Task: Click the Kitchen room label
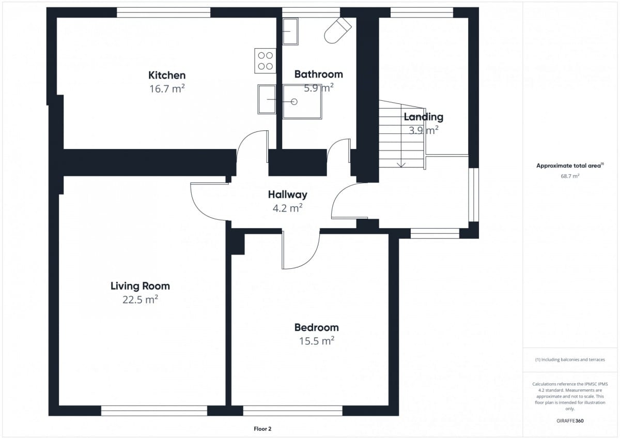pos(167,75)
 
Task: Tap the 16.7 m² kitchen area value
pos(167,88)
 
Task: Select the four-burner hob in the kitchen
pos(265,60)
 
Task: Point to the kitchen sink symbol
pos(267,99)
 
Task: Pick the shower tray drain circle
pos(294,102)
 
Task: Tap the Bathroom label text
pos(319,74)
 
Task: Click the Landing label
pos(424,117)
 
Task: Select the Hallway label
pos(288,195)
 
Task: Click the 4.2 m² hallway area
pos(287,208)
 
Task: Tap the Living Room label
pos(140,286)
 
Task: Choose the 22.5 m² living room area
pos(140,299)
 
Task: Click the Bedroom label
pos(316,327)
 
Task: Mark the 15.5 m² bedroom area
pos(316,341)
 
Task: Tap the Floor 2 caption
pos(262,429)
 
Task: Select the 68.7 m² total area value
pos(570,176)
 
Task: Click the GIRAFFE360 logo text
pos(570,421)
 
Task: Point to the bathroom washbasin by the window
pos(290,32)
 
